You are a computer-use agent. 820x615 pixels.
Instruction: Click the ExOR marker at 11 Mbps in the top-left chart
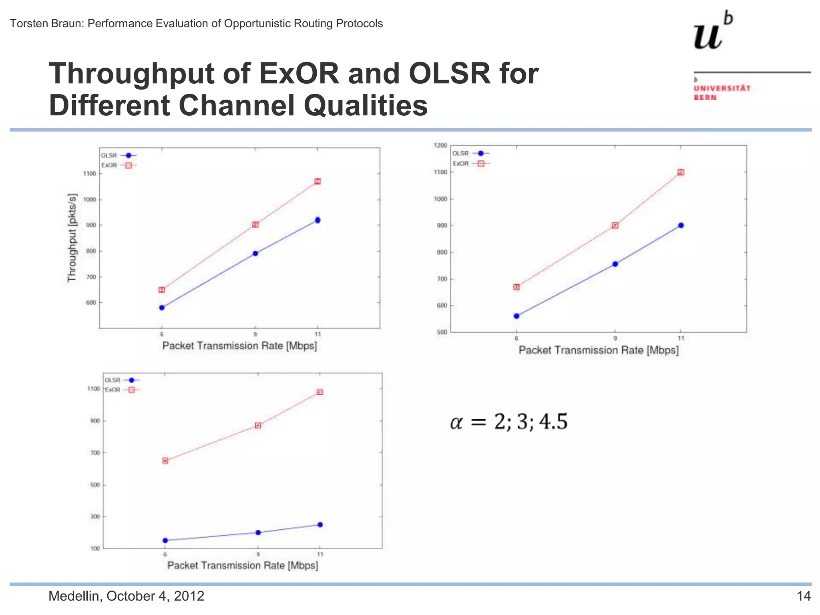318,181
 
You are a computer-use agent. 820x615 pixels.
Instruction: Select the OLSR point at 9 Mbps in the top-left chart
255,253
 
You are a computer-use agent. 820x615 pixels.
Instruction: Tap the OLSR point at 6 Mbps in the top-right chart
517,316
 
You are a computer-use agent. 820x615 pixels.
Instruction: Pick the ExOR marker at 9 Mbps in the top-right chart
615,225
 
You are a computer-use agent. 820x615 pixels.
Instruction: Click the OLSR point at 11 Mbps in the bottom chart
320,525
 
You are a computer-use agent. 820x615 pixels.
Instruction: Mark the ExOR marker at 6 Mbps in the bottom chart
165,460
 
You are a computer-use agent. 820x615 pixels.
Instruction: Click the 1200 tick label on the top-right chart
440,145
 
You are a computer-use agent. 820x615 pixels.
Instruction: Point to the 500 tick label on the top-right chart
442,332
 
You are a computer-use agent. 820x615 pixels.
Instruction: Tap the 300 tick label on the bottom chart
95,517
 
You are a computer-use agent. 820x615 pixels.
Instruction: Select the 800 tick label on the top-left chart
91,251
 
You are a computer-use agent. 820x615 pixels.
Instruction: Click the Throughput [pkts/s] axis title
72,238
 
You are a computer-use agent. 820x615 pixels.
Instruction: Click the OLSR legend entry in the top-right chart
470,153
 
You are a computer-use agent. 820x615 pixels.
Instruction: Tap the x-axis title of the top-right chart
599,350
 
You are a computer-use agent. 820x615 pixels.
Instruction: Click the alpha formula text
508,422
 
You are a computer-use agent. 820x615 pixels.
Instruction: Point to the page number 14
803,596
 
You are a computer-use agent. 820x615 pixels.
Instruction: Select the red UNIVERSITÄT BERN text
722,92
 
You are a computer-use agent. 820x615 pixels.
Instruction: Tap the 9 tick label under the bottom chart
258,555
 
